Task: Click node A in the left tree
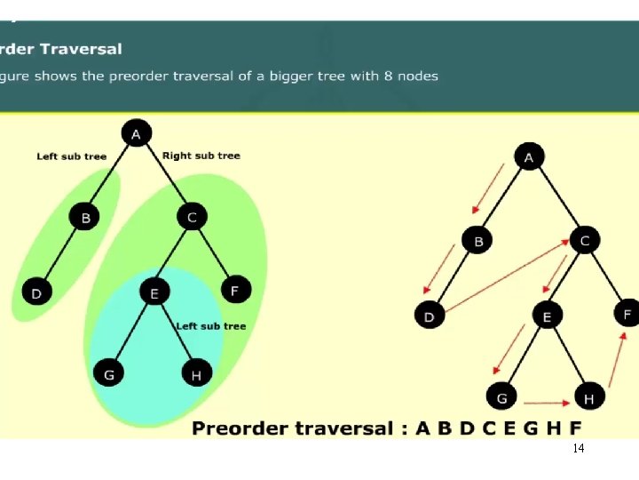136,134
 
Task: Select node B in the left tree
85,217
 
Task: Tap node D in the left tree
36,292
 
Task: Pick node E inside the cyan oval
154,292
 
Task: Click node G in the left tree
109,374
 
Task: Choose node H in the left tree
195,374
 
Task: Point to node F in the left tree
235,289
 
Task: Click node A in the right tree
529,157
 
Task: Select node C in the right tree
585,240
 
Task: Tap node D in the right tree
430,316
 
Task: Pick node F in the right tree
627,314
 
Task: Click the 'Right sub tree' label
201,156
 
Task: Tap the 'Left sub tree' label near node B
71,156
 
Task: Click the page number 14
579,449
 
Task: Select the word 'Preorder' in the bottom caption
248,428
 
